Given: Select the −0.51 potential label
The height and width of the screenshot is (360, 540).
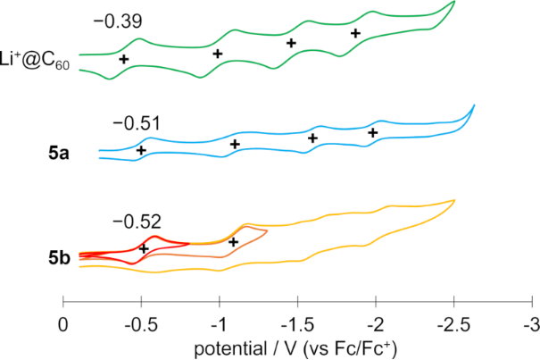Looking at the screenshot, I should [131, 123].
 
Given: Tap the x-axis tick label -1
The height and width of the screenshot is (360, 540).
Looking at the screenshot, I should [219, 321].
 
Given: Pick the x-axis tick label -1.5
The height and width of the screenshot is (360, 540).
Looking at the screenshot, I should [296, 321].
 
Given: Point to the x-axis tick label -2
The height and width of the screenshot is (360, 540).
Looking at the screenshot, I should [375, 321].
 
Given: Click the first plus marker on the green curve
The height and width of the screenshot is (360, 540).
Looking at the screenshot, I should [124, 59].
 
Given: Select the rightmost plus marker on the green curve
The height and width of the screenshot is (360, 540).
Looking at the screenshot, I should [355, 33].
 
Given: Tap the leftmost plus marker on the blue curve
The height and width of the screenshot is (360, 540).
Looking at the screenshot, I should [141, 150].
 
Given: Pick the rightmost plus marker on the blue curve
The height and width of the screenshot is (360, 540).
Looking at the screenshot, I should [373, 133].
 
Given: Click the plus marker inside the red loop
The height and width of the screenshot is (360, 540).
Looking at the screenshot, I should [144, 248].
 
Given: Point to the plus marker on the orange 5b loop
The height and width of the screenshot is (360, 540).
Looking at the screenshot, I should [234, 242].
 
